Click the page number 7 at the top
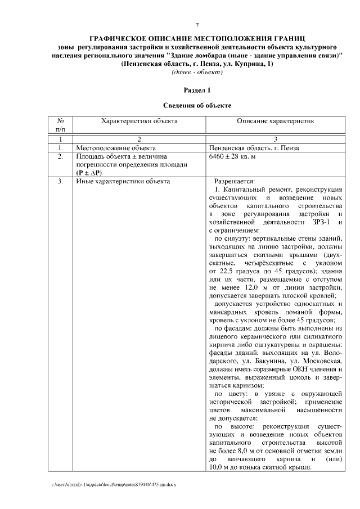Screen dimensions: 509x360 click(197, 25)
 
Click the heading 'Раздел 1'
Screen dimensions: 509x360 click(197, 90)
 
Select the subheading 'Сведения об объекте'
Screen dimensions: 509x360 click(197, 105)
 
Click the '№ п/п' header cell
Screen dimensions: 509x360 click(60, 125)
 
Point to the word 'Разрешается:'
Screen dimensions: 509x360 click(235, 181)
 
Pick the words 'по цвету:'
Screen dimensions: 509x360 click(231, 394)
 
